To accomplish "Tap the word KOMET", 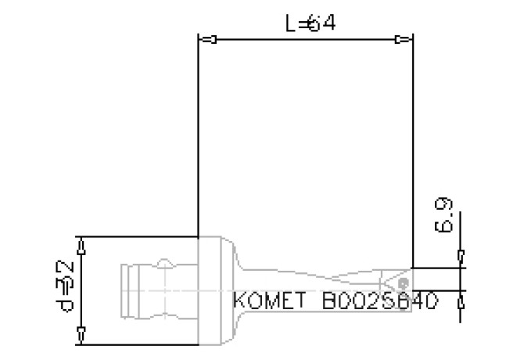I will click(x=274, y=301).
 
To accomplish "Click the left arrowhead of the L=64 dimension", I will click(x=208, y=39).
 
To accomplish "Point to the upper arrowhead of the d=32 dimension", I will click(x=82, y=243).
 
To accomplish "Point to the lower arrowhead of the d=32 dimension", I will click(x=82, y=337).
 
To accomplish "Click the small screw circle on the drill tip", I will click(x=404, y=280).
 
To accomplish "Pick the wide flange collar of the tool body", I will click(x=215, y=290).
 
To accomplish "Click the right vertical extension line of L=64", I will click(x=413, y=141).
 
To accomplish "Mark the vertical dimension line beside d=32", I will click(x=82, y=290).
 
